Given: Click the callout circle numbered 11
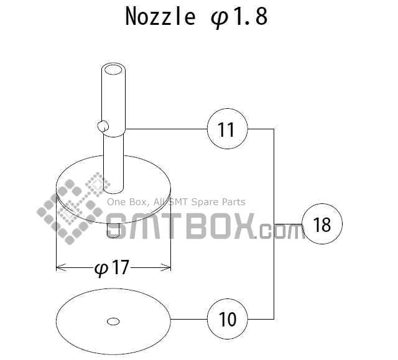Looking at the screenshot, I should (x=227, y=129).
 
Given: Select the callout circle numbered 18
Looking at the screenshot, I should (x=322, y=224).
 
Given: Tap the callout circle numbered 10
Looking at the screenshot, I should (x=228, y=319).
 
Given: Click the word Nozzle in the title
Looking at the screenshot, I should (x=160, y=16).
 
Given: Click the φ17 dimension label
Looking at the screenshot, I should (x=113, y=268).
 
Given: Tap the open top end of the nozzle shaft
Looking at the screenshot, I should (x=113, y=69).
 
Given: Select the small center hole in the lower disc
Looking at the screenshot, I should (x=113, y=321).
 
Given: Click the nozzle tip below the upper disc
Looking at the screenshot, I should (x=113, y=231).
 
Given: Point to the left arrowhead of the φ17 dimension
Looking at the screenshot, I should (x=60, y=268).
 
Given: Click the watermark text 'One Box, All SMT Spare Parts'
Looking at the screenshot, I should (x=176, y=202).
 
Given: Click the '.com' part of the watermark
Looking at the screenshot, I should (x=279, y=231).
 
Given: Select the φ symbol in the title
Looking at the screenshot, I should (x=220, y=17).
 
